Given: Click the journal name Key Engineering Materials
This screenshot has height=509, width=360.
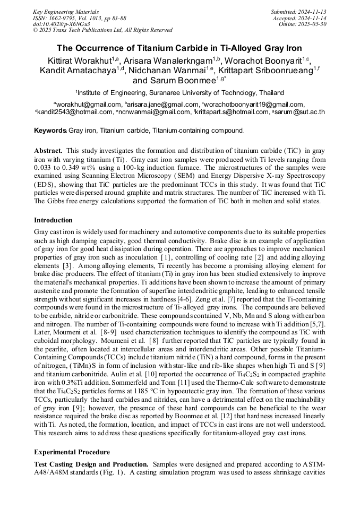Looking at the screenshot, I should coord(66,11).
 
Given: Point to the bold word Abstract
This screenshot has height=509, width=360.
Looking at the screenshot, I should coord(48,151).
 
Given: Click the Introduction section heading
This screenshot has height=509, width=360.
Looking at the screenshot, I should coord(53,220).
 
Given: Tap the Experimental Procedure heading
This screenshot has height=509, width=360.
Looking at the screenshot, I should coord(72,452).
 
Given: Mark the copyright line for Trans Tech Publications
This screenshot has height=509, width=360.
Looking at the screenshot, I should coord(102,30).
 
